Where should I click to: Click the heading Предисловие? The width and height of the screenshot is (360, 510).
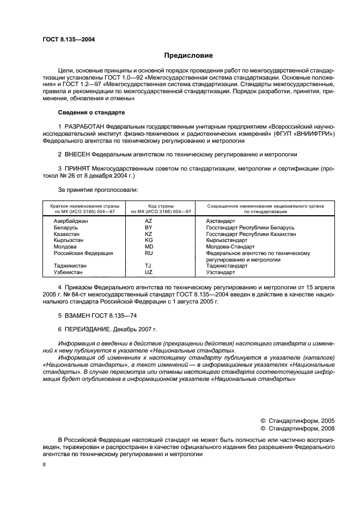click(188, 56)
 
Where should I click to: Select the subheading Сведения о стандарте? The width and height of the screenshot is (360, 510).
click(91, 112)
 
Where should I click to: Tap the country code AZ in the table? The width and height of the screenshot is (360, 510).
click(148, 221)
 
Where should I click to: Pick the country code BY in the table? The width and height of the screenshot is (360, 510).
click(148, 227)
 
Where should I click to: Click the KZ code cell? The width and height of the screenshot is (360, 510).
click(148, 234)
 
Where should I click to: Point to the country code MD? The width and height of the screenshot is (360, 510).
click(148, 246)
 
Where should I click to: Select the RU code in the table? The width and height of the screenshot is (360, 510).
click(148, 253)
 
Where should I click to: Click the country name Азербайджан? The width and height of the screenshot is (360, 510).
click(71, 221)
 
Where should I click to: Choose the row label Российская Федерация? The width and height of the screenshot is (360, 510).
click(83, 253)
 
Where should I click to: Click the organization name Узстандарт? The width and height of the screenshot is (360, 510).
click(221, 272)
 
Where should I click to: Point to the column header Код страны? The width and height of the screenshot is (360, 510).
click(161, 207)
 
